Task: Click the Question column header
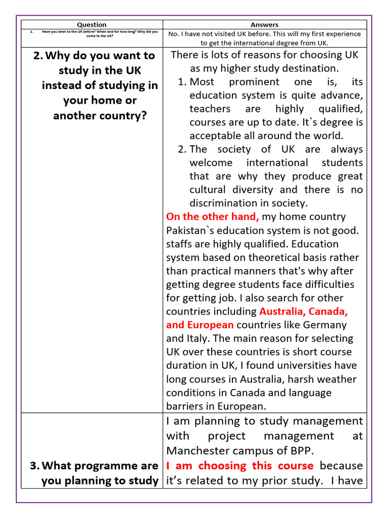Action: pos(91,24)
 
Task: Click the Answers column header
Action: pos(264,24)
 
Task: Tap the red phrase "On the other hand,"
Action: pos(213,217)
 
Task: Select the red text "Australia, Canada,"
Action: pos(303,311)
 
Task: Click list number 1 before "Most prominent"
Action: pos(182,81)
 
